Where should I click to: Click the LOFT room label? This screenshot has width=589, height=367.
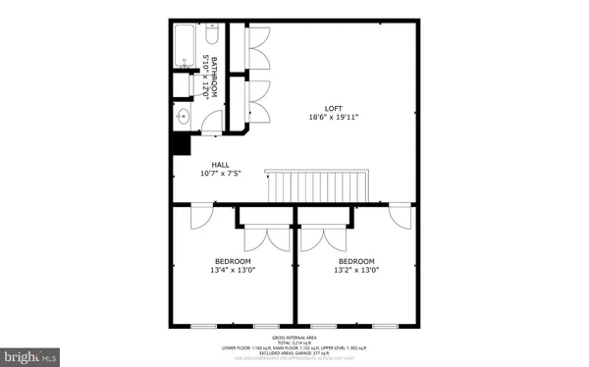click(x=336, y=108)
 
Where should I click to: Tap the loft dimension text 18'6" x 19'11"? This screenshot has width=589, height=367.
click(x=336, y=118)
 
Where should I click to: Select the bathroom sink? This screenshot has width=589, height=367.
click(x=184, y=117)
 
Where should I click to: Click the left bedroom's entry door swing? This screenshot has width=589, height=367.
click(x=199, y=216)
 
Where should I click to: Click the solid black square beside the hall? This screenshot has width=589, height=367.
click(x=180, y=142)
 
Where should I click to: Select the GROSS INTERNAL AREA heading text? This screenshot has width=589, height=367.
click(x=294, y=336)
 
